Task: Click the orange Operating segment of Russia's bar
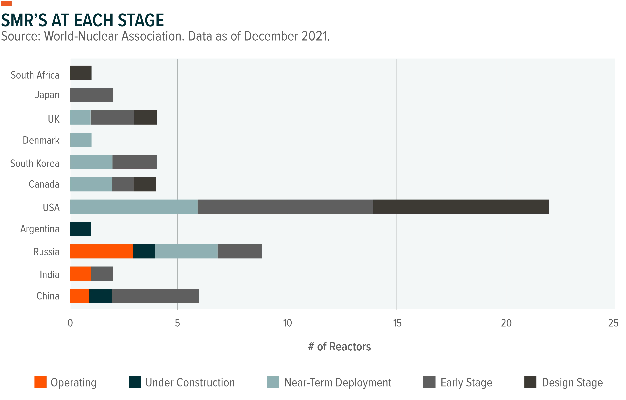pyautogui.click(x=101, y=251)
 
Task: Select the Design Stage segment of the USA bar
pyautogui.click(x=461, y=207)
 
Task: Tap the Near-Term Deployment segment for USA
pyautogui.click(x=134, y=207)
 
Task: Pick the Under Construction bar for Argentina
pyautogui.click(x=80, y=229)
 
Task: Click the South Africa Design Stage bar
pyautogui.click(x=81, y=73)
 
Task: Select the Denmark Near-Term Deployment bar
pyautogui.click(x=81, y=140)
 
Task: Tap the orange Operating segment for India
pyautogui.click(x=81, y=274)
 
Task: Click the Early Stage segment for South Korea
pyautogui.click(x=134, y=162)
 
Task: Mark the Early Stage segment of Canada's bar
pyautogui.click(x=123, y=184)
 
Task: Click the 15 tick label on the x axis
pyautogui.click(x=397, y=323)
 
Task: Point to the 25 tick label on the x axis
pyautogui.click(x=613, y=323)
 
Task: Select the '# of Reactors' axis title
pyautogui.click(x=339, y=347)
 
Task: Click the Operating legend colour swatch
pyautogui.click(x=40, y=382)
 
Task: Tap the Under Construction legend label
pyautogui.click(x=190, y=383)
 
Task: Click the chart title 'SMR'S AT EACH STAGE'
pyautogui.click(x=82, y=20)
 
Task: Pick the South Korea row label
pyautogui.click(x=35, y=163)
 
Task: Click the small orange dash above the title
pyautogui.click(x=6, y=3)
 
